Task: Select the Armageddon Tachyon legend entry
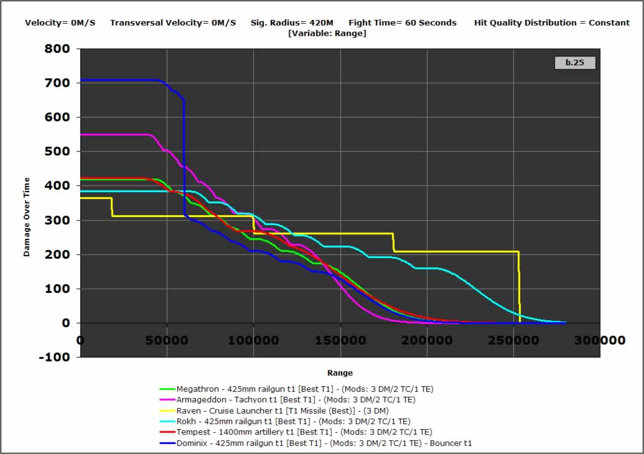(x=296, y=400)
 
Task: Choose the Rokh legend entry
(x=293, y=421)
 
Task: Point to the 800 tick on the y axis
(x=60, y=49)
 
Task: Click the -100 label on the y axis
(x=58, y=358)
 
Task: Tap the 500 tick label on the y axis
(x=60, y=152)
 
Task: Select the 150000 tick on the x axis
(x=340, y=341)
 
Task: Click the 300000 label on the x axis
(x=600, y=341)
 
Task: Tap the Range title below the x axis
(x=340, y=373)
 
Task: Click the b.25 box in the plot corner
(x=574, y=62)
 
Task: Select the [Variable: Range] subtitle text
(x=327, y=33)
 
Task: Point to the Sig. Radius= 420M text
(x=291, y=23)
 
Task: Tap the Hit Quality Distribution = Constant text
(x=552, y=23)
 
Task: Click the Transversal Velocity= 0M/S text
(x=173, y=23)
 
